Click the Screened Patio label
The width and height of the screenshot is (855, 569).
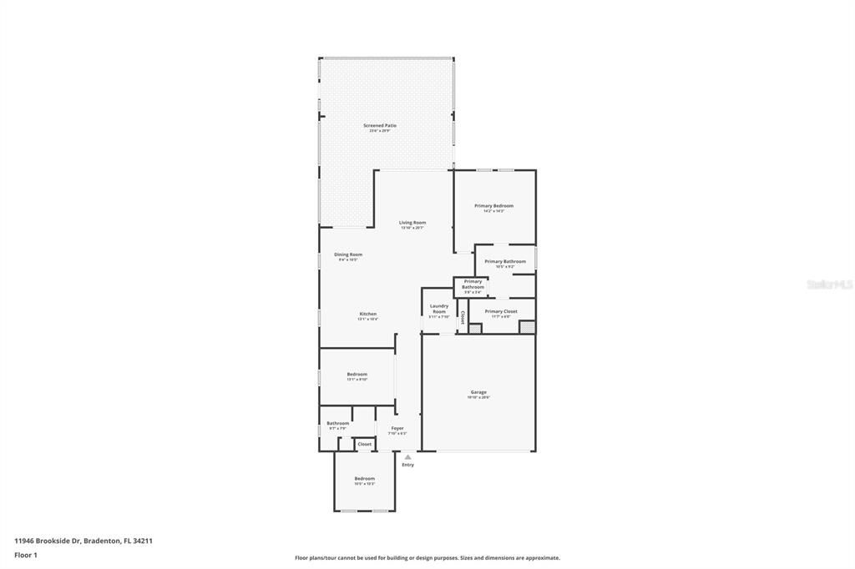(x=380, y=126)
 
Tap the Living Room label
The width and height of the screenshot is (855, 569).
(x=412, y=223)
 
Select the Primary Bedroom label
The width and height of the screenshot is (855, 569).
(x=493, y=205)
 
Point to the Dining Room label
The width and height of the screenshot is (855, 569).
(x=348, y=254)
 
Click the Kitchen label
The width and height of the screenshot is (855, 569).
(x=367, y=314)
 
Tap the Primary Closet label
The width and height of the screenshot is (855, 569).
(x=501, y=311)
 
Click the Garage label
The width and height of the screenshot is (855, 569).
(x=478, y=392)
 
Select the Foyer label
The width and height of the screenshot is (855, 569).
(x=397, y=428)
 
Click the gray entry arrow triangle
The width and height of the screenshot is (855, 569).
(x=407, y=456)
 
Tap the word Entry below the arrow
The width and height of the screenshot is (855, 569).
(x=407, y=465)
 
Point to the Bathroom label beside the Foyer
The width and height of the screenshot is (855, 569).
(x=337, y=423)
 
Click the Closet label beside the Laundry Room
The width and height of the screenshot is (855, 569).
(x=463, y=316)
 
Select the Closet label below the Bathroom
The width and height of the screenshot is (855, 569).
(x=365, y=444)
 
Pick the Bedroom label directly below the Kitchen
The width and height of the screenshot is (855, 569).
(x=357, y=375)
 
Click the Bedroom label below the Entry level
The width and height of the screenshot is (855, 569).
(x=364, y=478)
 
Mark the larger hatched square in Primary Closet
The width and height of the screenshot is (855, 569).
(x=527, y=327)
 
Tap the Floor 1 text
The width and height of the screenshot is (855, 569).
(x=26, y=554)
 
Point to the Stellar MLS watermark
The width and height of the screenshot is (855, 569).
(x=830, y=284)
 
